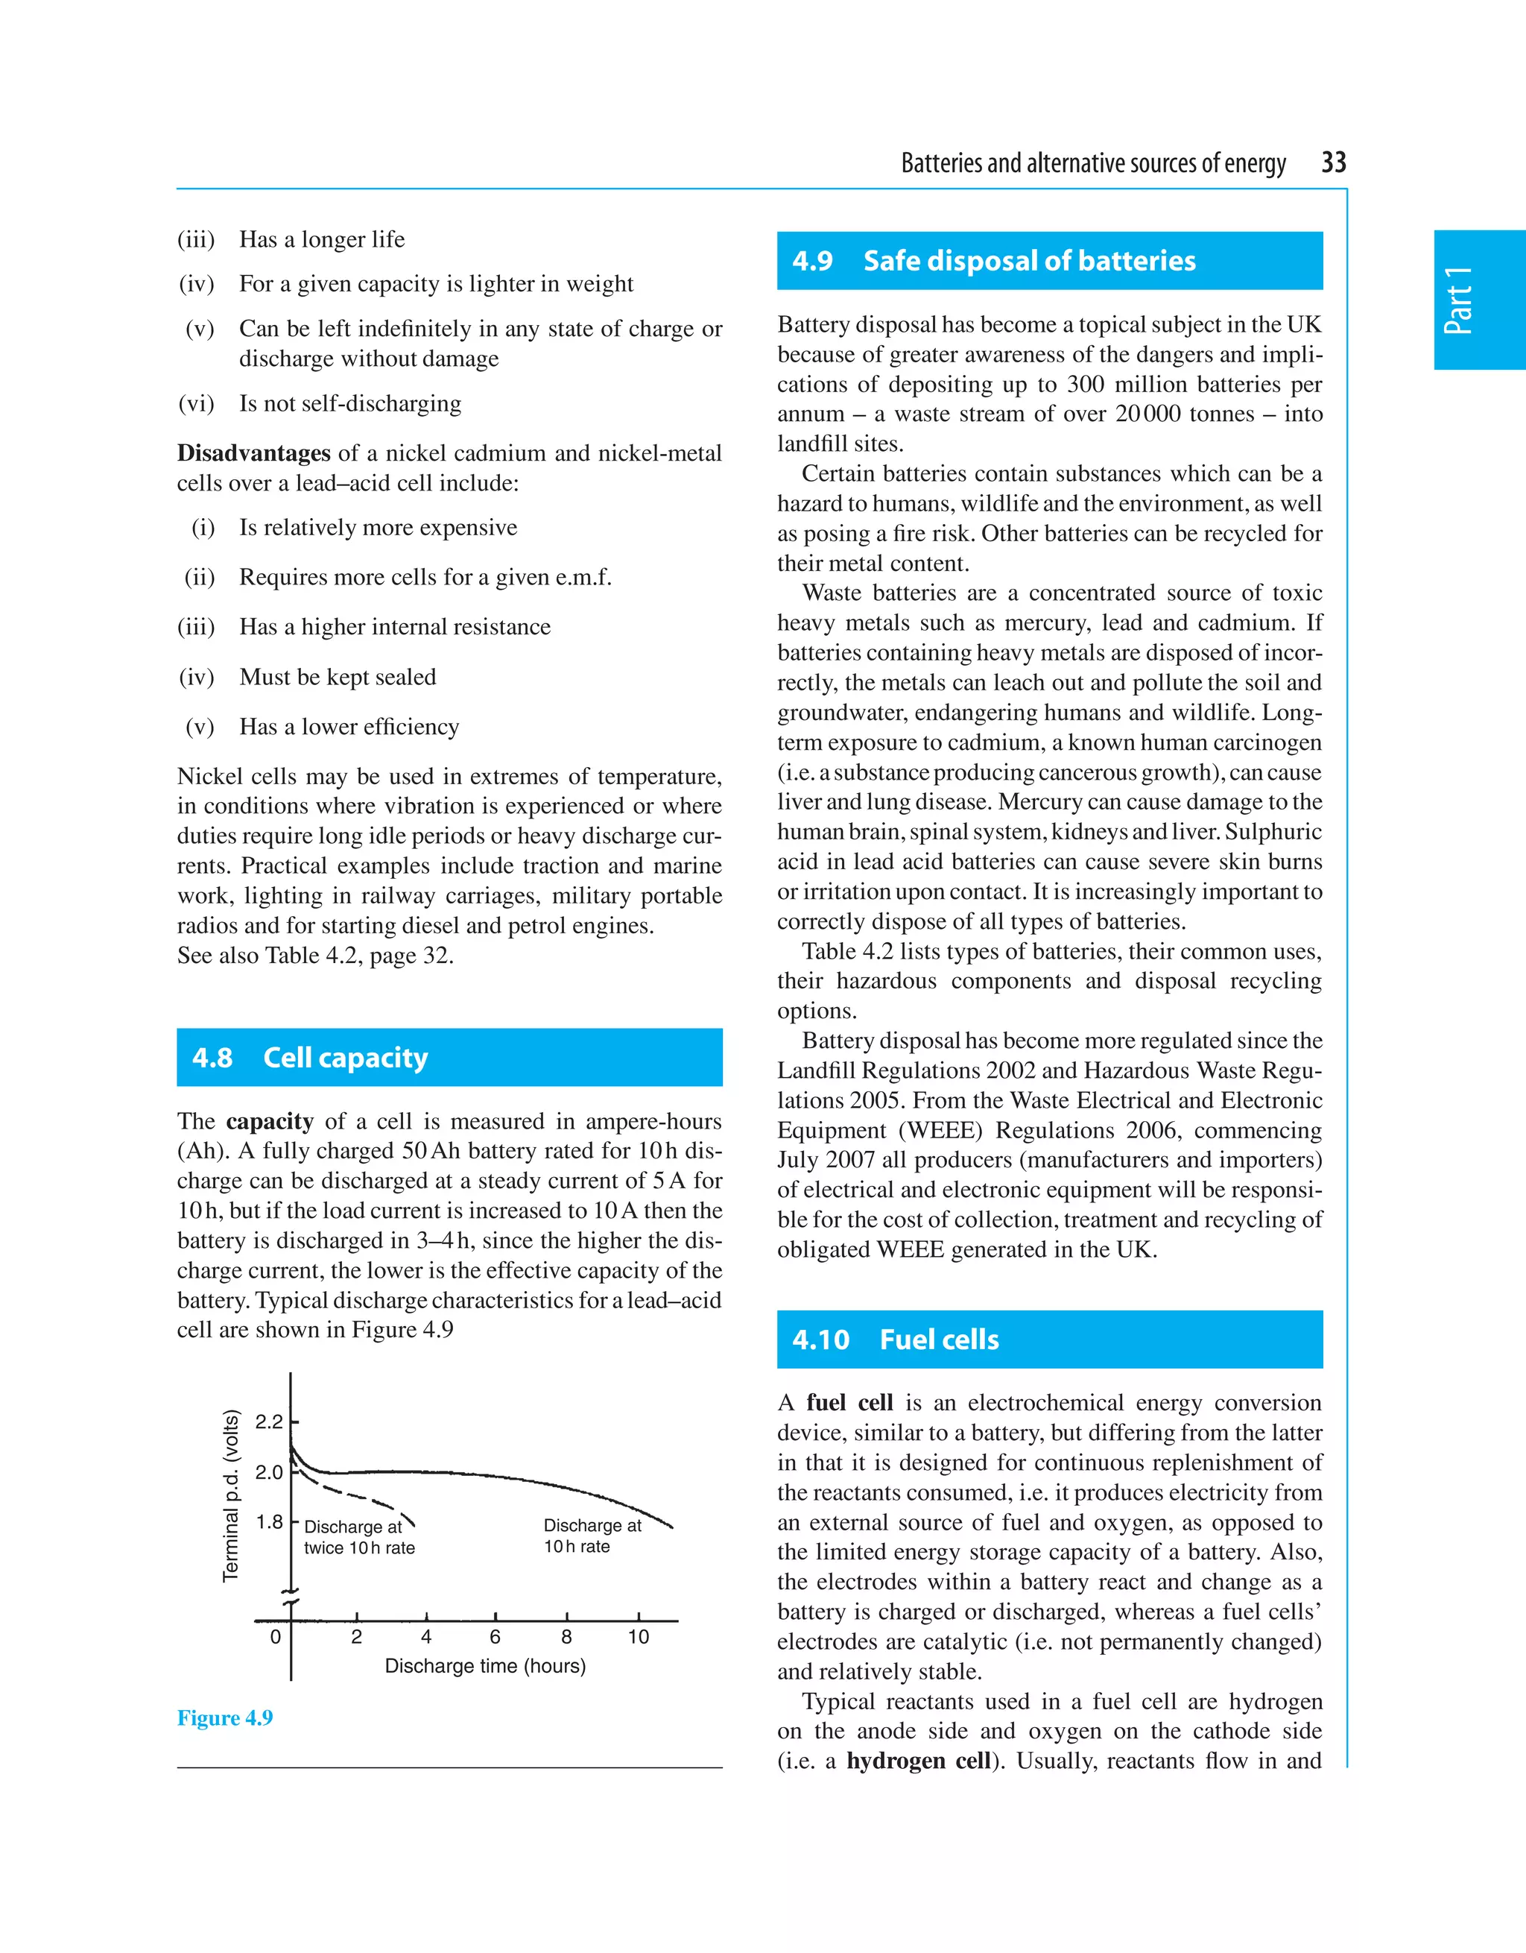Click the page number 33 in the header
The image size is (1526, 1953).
[1333, 163]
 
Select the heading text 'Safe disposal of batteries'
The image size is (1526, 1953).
[1029, 261]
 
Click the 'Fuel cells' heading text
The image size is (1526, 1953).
[939, 1340]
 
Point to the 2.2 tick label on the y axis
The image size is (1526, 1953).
[268, 1422]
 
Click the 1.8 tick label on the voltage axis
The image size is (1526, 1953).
[268, 1521]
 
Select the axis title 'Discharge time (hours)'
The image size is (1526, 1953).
[484, 1666]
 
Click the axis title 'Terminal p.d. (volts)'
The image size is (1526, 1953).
[231, 1495]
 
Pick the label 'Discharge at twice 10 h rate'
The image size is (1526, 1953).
[358, 1537]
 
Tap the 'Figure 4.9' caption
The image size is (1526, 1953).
[224, 1717]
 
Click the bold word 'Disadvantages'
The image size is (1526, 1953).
[253, 453]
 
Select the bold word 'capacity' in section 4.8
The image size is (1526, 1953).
[269, 1121]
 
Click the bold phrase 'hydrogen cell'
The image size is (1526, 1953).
[918, 1761]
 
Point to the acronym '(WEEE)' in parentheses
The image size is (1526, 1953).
[939, 1130]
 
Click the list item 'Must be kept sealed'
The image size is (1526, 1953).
[337, 677]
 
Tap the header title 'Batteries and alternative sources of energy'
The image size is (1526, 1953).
[1092, 164]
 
